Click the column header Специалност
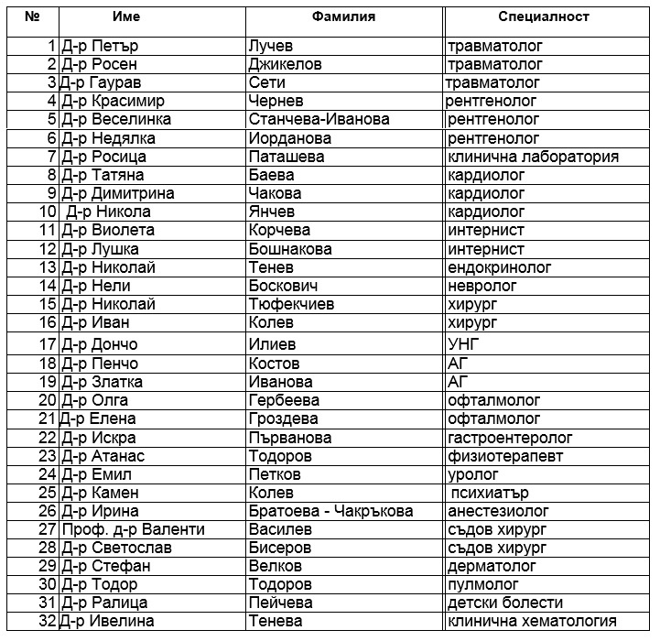pos(544,16)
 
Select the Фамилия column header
pos(343,16)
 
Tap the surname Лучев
pos(273,46)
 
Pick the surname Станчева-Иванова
pos(319,119)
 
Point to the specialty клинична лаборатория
pos(533,157)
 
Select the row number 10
pos(48,212)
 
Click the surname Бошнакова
pos(289,249)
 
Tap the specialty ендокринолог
pos(500,267)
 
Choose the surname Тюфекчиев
pos(291,304)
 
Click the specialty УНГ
pos(463,345)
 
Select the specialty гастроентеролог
pos(510,438)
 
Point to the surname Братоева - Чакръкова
pos(330,511)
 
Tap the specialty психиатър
pos(490,493)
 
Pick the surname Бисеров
pos(279,548)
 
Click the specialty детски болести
pos(504,603)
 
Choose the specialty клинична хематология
pos(532,622)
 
